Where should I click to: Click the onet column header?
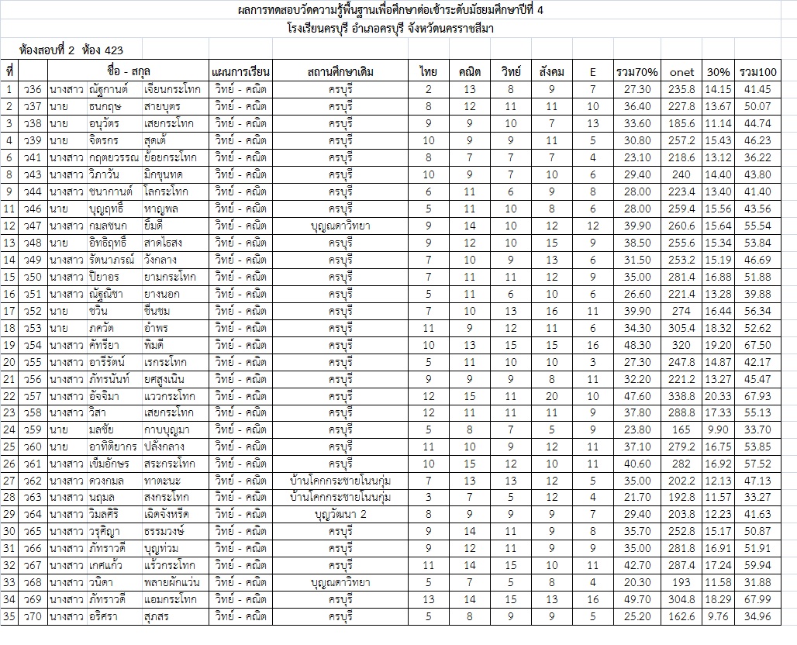tap(681, 72)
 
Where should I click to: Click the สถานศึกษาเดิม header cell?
tap(340, 72)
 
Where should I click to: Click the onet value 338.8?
tap(681, 396)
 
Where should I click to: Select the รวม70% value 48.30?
tap(637, 345)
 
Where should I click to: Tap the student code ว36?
tap(32, 89)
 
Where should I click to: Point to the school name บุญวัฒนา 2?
tap(340, 514)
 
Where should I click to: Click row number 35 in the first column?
tap(9, 616)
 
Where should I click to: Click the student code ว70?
tap(32, 616)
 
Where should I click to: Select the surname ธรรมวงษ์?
tap(167, 531)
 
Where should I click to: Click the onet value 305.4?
tap(681, 328)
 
